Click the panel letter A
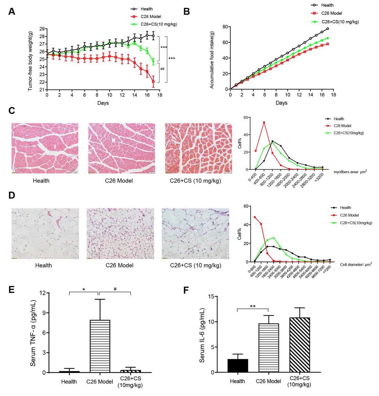tap(11, 12)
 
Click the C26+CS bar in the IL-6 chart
tap(299, 345)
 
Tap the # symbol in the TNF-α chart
tap(115, 289)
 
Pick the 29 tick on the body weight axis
tap(41, 29)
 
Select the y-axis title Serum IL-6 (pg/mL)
tap(202, 334)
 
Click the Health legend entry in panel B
tap(327, 5)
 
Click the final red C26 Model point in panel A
tap(153, 82)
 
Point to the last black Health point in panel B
tap(327, 29)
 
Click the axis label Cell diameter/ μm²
tap(356, 265)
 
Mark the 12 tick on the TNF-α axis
tap(41, 293)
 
